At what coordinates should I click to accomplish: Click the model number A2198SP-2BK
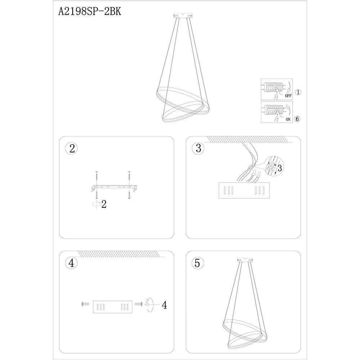click(90, 11)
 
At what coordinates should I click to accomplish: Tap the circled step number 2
click(71, 148)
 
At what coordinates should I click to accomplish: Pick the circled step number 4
click(71, 263)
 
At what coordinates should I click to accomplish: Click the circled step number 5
click(198, 263)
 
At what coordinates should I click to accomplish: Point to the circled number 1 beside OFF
click(298, 92)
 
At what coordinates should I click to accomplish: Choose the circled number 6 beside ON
click(297, 119)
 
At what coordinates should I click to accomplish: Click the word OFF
click(288, 96)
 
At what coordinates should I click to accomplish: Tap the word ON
click(288, 120)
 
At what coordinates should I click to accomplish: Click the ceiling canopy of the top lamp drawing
click(183, 15)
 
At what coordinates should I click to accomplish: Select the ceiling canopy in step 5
click(245, 260)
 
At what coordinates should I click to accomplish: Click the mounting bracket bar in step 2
click(114, 188)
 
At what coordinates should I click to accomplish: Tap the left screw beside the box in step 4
click(85, 304)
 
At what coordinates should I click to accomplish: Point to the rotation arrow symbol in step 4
click(149, 305)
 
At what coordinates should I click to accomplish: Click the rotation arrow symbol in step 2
click(96, 204)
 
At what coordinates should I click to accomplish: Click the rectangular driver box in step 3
click(244, 190)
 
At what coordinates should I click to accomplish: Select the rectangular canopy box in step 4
click(112, 307)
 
